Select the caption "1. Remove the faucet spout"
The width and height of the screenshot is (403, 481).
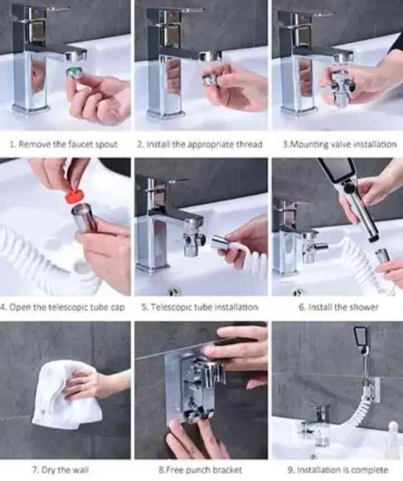click(64, 145)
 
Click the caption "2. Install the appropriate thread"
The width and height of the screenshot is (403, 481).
click(200, 145)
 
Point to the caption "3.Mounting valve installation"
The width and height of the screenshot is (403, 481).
click(339, 145)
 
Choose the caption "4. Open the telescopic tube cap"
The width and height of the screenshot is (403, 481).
click(63, 307)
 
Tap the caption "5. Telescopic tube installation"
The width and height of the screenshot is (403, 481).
click(200, 307)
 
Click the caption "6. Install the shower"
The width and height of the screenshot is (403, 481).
click(339, 307)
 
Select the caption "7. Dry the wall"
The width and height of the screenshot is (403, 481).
click(60, 470)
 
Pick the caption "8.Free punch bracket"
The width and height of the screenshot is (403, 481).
click(200, 470)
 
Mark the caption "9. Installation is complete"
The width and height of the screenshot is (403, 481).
click(338, 470)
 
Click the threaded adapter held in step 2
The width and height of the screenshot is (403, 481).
click(210, 79)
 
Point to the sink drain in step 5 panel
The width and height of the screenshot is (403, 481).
click(175, 290)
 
